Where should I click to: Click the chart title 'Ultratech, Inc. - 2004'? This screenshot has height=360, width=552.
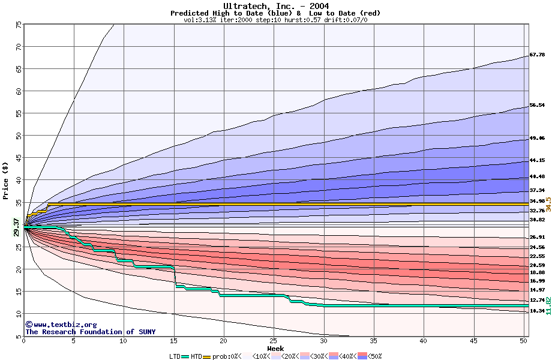275,6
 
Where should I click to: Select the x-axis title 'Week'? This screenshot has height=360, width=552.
275,349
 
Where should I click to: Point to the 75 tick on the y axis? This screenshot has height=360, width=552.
19,25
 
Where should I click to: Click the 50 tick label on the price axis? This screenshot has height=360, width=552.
19,136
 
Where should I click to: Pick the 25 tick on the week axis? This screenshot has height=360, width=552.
274,341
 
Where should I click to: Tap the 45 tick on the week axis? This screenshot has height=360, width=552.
474,341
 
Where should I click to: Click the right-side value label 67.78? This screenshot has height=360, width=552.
537,55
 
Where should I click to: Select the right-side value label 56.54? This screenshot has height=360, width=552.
537,105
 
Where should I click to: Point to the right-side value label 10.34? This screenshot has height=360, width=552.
537,311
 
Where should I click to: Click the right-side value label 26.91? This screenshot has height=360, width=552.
537,237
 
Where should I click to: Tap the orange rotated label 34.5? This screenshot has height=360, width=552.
548,203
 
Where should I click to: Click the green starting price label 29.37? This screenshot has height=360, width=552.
16,226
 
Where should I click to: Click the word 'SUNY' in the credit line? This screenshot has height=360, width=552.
147,332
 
